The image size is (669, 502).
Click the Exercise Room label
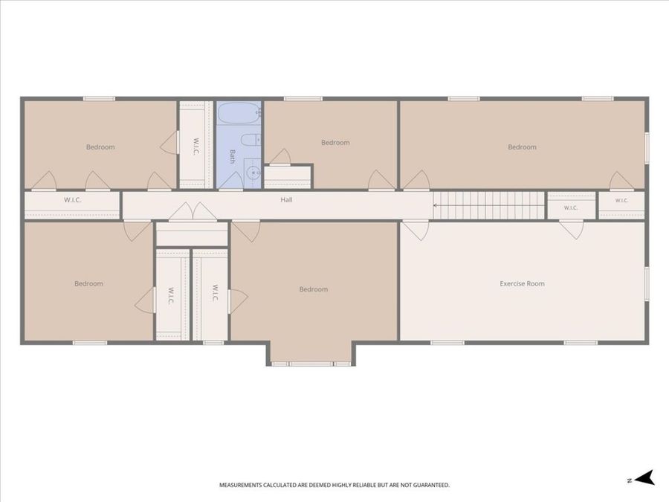pyautogui.click(x=522, y=283)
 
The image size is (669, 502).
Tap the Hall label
pyautogui.click(x=286, y=199)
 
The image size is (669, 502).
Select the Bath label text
pyautogui.click(x=233, y=156)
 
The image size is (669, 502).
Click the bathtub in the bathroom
pyautogui.click(x=239, y=114)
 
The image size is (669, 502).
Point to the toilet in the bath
pyautogui.click(x=251, y=140)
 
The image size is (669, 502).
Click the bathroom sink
pyautogui.click(x=253, y=173)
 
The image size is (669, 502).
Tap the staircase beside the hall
pyautogui.click(x=488, y=205)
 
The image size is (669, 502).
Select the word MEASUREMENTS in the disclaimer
pyautogui.click(x=240, y=485)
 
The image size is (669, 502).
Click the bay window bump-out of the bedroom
pyautogui.click(x=311, y=353)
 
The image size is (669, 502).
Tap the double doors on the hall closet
pyautogui.click(x=193, y=212)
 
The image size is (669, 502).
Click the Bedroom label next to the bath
pyautogui.click(x=335, y=143)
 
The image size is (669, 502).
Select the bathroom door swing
pyautogui.click(x=231, y=181)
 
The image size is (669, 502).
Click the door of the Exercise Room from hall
pyautogui.click(x=416, y=231)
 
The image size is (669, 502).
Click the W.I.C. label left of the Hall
pyautogui.click(x=73, y=199)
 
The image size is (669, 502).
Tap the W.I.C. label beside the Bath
pyautogui.click(x=195, y=146)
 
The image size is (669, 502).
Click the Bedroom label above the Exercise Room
pyautogui.click(x=522, y=147)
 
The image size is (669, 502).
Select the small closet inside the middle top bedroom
pyautogui.click(x=288, y=177)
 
